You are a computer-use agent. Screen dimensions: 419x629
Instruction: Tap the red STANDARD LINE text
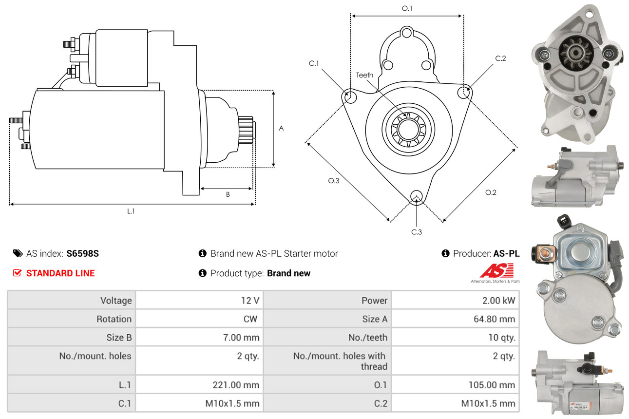pos(60,273)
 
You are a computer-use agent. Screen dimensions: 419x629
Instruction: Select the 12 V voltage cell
pos(250,301)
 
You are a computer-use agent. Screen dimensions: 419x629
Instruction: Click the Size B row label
pos(119,337)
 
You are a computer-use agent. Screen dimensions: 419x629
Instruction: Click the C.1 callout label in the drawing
pos(313,63)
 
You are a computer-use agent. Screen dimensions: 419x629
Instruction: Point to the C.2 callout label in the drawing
pos(500,58)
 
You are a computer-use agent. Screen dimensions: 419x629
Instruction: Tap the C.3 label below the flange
pos(416,232)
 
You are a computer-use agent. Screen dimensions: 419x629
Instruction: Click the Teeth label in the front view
pos(364,75)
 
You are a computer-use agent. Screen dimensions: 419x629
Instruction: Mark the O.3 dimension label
pos(333,181)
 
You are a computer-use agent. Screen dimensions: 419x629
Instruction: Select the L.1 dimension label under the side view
pos(131,211)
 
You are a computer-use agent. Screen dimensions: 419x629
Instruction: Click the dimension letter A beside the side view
pos(281,128)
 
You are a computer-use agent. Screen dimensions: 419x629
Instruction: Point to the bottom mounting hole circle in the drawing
pos(416,196)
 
